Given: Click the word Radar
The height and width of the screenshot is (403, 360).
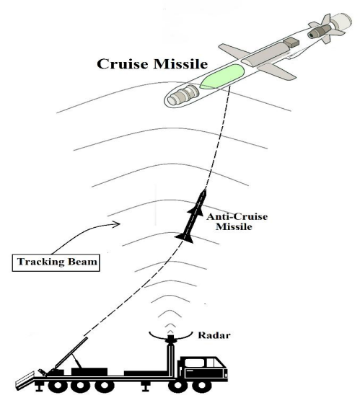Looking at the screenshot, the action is [x=214, y=335].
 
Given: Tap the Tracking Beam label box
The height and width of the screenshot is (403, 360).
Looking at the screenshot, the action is [x=56, y=262].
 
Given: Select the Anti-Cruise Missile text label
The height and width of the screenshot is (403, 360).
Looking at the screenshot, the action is [x=237, y=221].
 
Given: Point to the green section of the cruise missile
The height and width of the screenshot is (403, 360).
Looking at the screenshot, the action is [x=221, y=76].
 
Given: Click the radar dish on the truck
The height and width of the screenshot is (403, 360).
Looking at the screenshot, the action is [x=171, y=336].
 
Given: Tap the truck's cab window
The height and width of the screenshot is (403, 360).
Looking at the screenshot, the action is [x=194, y=363].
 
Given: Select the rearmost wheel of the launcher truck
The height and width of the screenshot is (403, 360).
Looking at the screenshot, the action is [x=58, y=386].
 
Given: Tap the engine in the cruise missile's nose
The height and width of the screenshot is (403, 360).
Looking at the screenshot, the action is [x=183, y=94].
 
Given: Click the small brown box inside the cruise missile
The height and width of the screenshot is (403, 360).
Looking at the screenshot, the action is [x=291, y=42].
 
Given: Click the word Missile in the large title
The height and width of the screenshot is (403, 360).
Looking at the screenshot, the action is [x=180, y=63].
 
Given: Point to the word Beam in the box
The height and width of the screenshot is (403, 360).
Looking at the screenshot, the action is [x=82, y=262].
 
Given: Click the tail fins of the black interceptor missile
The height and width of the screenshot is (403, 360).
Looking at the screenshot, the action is [x=185, y=238].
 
